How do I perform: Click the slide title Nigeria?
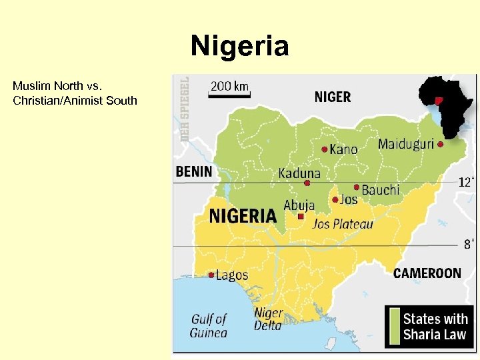click(239, 47)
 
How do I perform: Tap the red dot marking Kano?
click(325, 149)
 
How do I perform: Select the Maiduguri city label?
click(405, 144)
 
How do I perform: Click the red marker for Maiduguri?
click(441, 143)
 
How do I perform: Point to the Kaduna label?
click(299, 173)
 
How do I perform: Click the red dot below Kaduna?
click(307, 183)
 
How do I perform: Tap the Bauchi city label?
click(381, 191)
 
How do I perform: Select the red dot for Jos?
click(335, 199)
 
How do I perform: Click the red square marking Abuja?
click(301, 217)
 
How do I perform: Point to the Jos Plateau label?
click(343, 224)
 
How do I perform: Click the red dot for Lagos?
click(211, 275)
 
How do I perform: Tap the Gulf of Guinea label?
click(209, 326)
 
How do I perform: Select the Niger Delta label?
click(268, 319)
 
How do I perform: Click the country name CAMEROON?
click(427, 273)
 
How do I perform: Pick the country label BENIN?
click(193, 171)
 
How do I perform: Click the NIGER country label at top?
click(332, 97)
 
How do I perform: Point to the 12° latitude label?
click(467, 182)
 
